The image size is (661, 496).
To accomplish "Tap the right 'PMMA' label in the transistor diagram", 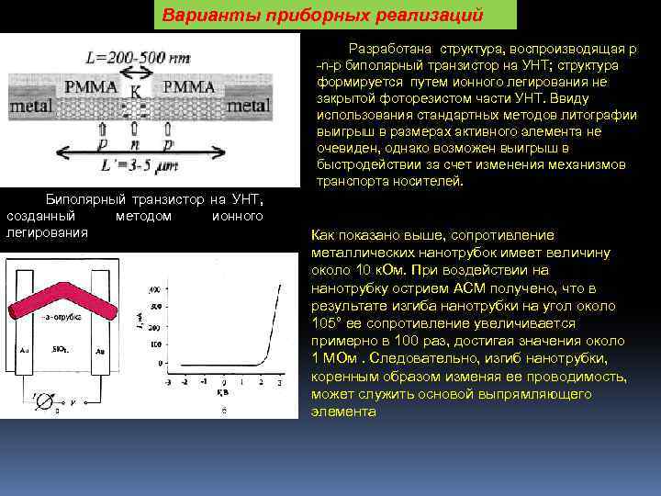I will [189, 87].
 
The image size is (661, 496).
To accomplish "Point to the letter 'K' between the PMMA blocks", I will [137, 91].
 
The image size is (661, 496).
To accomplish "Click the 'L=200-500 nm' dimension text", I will [139, 57].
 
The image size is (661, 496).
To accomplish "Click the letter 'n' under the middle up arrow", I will [135, 145].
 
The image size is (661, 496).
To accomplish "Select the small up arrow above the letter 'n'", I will [135, 128].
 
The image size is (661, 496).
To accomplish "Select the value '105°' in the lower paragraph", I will [329, 323].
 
